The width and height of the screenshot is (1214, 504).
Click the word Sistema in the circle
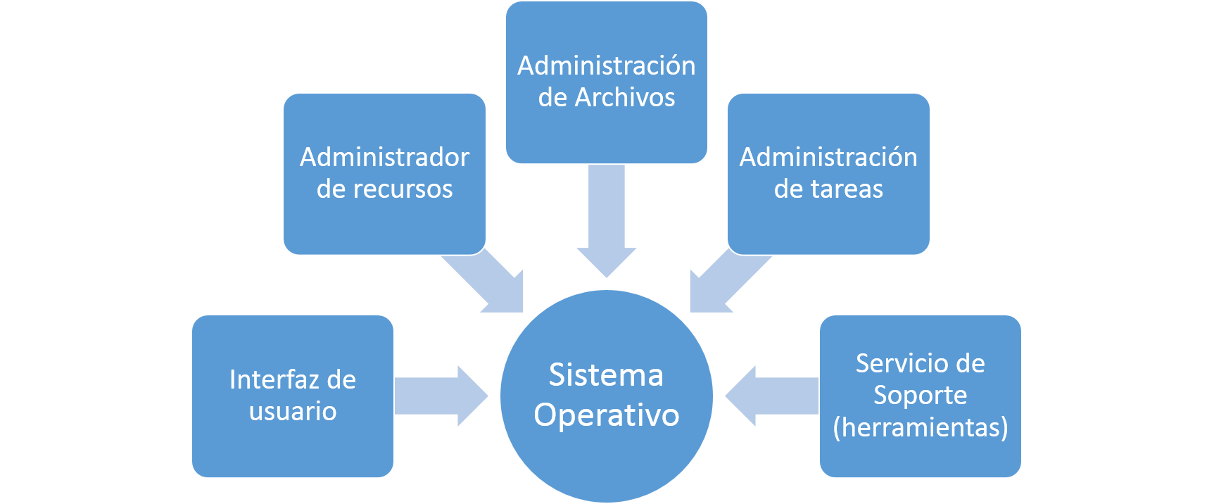coord(606,375)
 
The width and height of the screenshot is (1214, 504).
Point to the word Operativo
coord(606,415)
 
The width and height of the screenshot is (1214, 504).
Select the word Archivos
coord(625,97)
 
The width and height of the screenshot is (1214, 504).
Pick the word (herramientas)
coord(920,427)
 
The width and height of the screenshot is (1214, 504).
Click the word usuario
coord(292,411)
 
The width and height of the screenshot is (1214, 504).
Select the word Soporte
coord(920,395)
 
